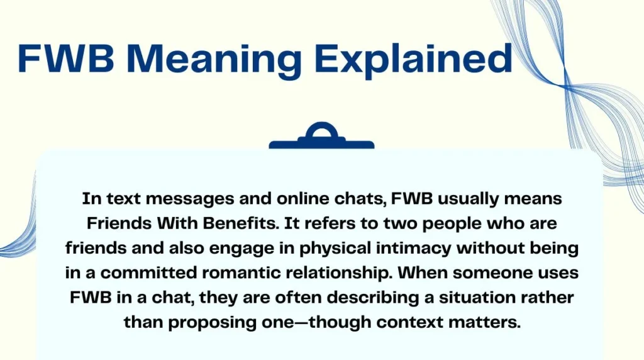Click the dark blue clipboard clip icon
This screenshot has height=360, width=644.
click(321, 137)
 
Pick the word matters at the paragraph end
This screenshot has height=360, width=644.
click(490, 322)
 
